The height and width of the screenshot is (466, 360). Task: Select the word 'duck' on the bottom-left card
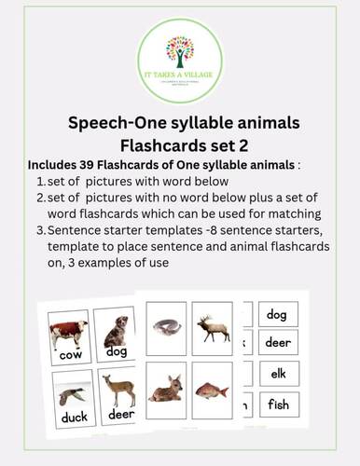67,418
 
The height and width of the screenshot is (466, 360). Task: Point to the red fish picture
211,390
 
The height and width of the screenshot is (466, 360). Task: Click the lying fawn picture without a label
165,388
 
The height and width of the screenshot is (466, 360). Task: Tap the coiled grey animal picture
167,324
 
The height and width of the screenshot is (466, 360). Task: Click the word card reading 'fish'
277,405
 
